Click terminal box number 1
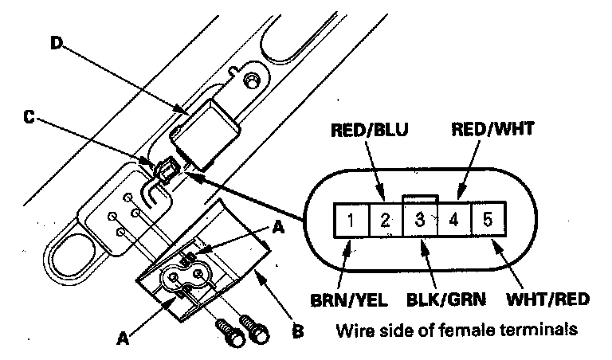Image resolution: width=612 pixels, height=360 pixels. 351,220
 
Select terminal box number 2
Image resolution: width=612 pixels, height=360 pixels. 385,220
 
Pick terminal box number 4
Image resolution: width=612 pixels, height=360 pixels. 454,220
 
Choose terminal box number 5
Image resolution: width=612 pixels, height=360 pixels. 488,220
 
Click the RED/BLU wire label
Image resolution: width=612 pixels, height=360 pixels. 369,130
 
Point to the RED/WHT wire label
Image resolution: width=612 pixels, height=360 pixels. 492,129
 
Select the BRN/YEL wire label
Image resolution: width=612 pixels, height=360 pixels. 349,300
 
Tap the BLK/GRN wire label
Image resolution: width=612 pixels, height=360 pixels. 446,299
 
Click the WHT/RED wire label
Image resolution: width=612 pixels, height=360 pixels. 547,299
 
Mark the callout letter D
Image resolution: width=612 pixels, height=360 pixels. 57,42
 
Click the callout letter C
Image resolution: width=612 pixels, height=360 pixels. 29,116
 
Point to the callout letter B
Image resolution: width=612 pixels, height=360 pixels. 298,331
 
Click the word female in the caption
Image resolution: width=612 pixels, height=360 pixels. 468,330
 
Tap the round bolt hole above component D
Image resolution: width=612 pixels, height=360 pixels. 251,80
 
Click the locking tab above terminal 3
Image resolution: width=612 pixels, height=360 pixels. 420,198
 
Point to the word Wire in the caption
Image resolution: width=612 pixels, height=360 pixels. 353,330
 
